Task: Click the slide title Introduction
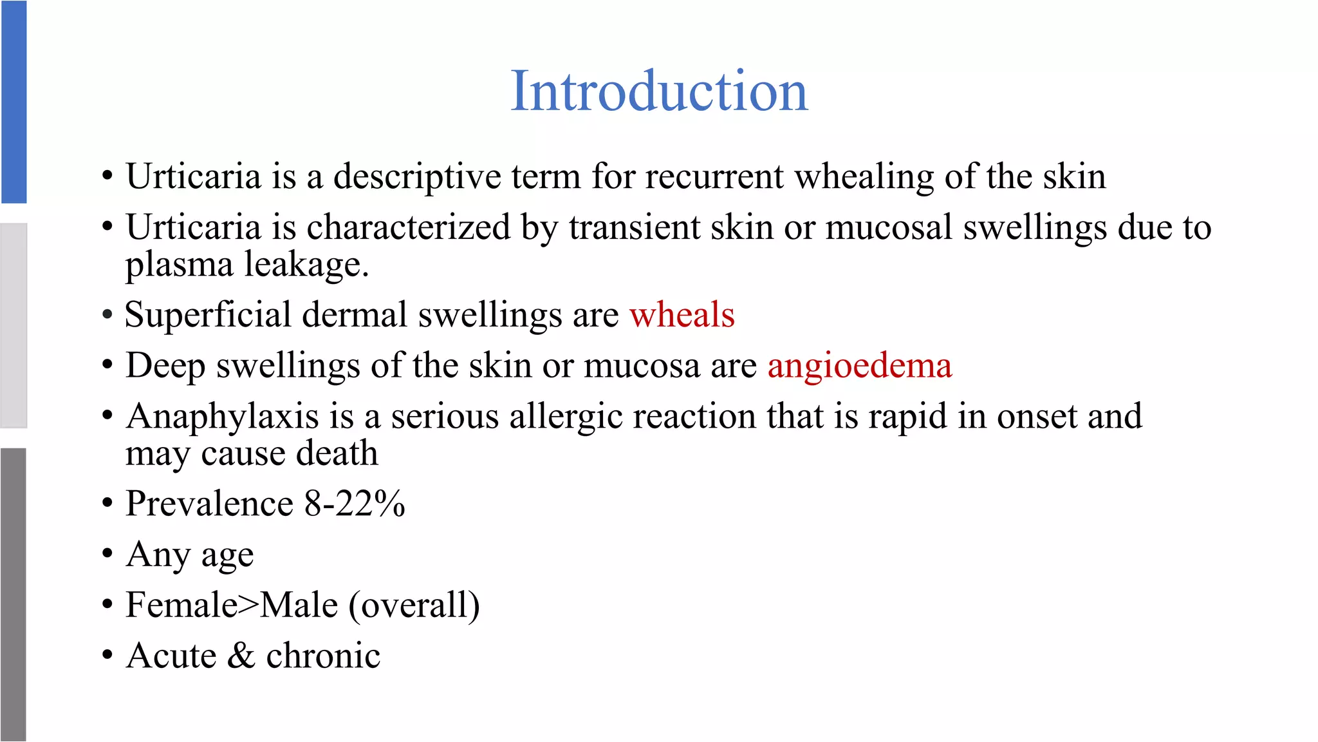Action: pos(659,91)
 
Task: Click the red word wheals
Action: pos(682,315)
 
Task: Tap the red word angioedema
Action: pos(860,366)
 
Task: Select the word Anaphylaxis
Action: pos(223,417)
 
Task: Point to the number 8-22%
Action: pos(355,504)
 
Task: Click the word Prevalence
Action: pos(210,504)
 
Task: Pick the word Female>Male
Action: pos(232,605)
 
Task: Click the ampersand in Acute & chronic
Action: pos(241,656)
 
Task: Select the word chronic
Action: pos(323,656)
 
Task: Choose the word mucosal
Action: pos(889,227)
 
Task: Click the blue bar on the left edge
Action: pos(14,102)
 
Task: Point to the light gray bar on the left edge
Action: pos(14,325)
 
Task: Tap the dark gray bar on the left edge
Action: pos(14,594)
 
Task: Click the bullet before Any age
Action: pos(107,554)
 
